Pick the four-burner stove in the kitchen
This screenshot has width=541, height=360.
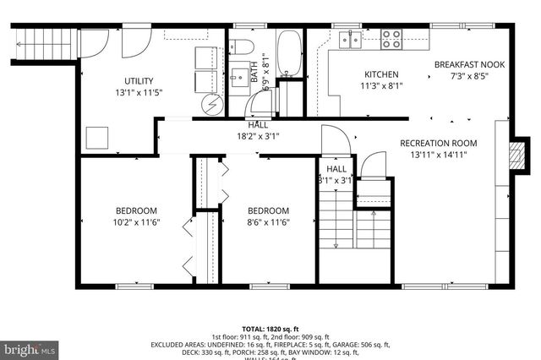coord(391,39)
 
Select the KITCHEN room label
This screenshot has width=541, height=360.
coord(382,74)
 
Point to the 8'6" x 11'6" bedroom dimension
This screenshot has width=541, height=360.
coord(268,222)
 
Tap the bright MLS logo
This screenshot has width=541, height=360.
coord(30,347)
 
